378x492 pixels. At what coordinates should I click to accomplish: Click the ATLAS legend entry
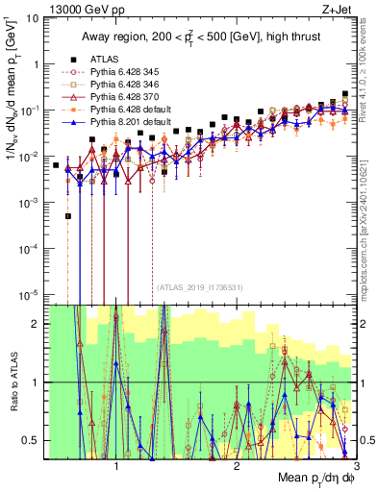coord(105,58)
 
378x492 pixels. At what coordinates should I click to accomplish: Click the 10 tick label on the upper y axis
coord(35,17)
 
